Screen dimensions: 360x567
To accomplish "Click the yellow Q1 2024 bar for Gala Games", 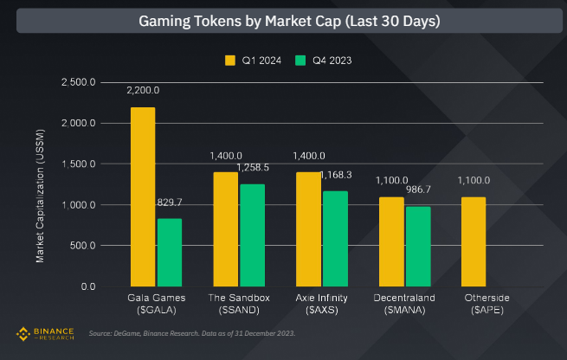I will pyautogui.click(x=143, y=196).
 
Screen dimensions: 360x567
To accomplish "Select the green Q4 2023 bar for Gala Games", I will pyautogui.click(x=170, y=252).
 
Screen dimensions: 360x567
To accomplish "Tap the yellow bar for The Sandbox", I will pyautogui.click(x=227, y=228).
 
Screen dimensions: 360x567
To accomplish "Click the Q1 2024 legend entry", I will pyautogui.click(x=249, y=60).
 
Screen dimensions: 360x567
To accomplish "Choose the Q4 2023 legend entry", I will pyautogui.click(x=323, y=60).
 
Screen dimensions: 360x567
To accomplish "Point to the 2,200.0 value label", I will pyautogui.click(x=143, y=90).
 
